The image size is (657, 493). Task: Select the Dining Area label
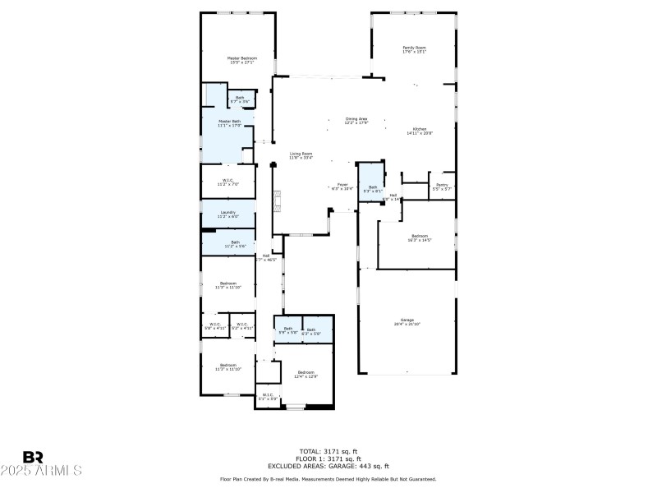tap(356, 121)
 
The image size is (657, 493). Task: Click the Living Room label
tap(301, 155)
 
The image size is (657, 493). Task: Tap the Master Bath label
tap(229, 123)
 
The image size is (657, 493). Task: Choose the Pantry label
tap(442, 187)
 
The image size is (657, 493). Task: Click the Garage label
tap(407, 322)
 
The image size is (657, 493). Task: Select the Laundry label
tap(229, 214)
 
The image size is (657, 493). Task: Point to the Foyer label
tap(343, 187)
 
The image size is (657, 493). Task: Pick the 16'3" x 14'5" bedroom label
tap(420, 237)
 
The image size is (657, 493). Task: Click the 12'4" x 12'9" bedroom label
tap(306, 374)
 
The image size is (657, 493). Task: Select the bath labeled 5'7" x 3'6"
tap(240, 99)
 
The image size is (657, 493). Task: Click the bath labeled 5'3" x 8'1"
tap(372, 189)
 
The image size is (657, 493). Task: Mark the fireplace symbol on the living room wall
tap(278, 199)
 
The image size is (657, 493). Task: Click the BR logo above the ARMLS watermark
tap(34, 457)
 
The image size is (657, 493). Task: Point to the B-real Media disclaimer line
tap(328, 478)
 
